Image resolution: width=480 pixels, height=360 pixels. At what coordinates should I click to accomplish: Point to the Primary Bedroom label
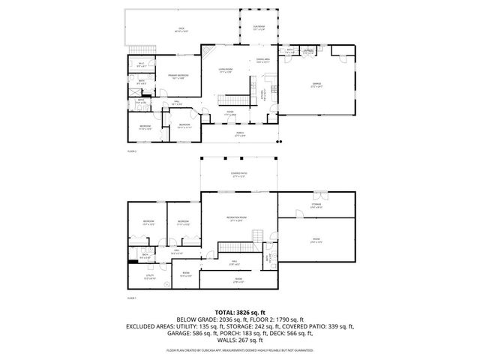click(177, 76)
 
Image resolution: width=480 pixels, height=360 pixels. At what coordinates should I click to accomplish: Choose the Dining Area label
click(262, 61)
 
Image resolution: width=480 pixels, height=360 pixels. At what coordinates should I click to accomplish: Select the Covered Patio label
click(239, 175)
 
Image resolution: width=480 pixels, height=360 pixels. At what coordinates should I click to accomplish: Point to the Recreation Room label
click(238, 219)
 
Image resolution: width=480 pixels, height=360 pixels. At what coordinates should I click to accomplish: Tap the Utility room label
click(149, 277)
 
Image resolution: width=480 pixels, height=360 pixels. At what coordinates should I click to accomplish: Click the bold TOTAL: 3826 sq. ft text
click(239, 311)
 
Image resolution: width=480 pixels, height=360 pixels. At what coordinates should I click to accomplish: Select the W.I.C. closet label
click(141, 64)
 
